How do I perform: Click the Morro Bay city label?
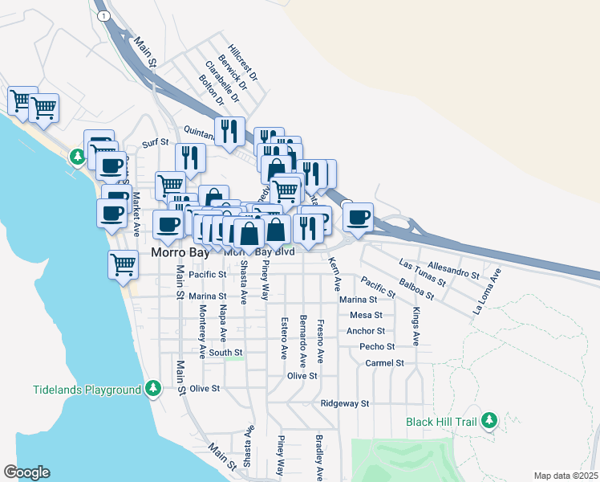pyautogui.click(x=180, y=251)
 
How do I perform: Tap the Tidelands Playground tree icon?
pyautogui.click(x=152, y=390)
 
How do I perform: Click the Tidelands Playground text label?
pyautogui.click(x=87, y=390)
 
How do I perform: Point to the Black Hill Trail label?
pyautogui.click(x=441, y=421)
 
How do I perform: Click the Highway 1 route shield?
pyautogui.click(x=102, y=15)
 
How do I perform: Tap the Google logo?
pyautogui.click(x=26, y=472)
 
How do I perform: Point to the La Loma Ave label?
pyautogui.click(x=488, y=290)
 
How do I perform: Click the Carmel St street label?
pyautogui.click(x=384, y=363)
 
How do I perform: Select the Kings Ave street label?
pyautogui.click(x=416, y=326)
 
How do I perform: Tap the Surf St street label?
pyautogui.click(x=156, y=142)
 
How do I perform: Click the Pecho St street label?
pyautogui.click(x=377, y=347)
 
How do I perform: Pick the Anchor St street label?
pyautogui.click(x=366, y=331)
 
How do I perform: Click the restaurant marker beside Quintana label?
pyautogui.click(x=229, y=132)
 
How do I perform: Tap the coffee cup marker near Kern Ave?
pyautogui.click(x=358, y=217)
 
